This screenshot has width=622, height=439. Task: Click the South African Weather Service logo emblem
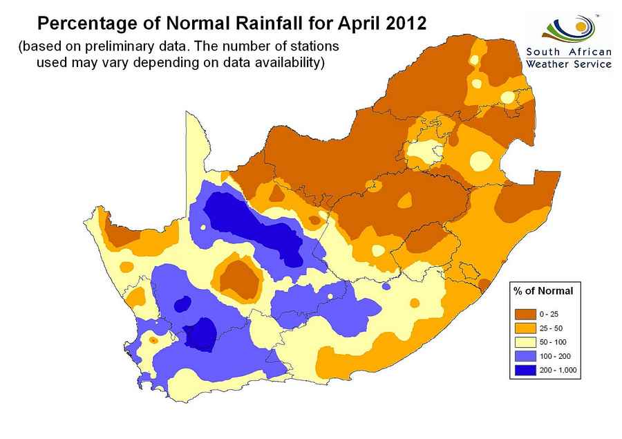tap(569, 28)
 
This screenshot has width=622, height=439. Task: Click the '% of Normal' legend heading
tap(543, 290)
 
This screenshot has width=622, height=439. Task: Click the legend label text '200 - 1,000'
tap(558, 371)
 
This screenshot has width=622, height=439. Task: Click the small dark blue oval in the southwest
tap(182, 303)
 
